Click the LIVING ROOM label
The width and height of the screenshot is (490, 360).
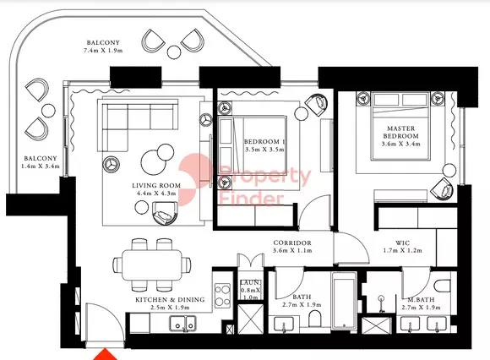coord(156,185)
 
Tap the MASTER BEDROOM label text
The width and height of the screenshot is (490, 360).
coord(401,132)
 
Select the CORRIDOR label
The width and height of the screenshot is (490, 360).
coord(292,243)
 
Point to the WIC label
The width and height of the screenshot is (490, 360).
coord(402,243)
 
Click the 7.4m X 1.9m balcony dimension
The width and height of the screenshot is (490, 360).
coord(103,51)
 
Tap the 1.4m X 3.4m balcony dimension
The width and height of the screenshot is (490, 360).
coord(41,166)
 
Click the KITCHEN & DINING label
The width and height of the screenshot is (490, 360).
coord(170,299)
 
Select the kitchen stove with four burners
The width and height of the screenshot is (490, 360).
coord(222,295)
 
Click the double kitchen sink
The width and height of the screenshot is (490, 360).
coord(182,324)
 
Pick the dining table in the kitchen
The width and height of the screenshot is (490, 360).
coord(152,265)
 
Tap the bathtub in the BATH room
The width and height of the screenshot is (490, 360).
coord(344,301)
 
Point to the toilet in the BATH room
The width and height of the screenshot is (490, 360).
coord(314,319)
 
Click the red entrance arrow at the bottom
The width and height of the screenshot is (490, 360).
coord(106,355)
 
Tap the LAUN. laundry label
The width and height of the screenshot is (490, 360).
coord(250,282)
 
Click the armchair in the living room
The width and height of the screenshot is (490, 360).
coord(165,213)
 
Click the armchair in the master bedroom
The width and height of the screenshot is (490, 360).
coord(442,188)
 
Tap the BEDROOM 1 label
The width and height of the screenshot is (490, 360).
coord(264,142)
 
